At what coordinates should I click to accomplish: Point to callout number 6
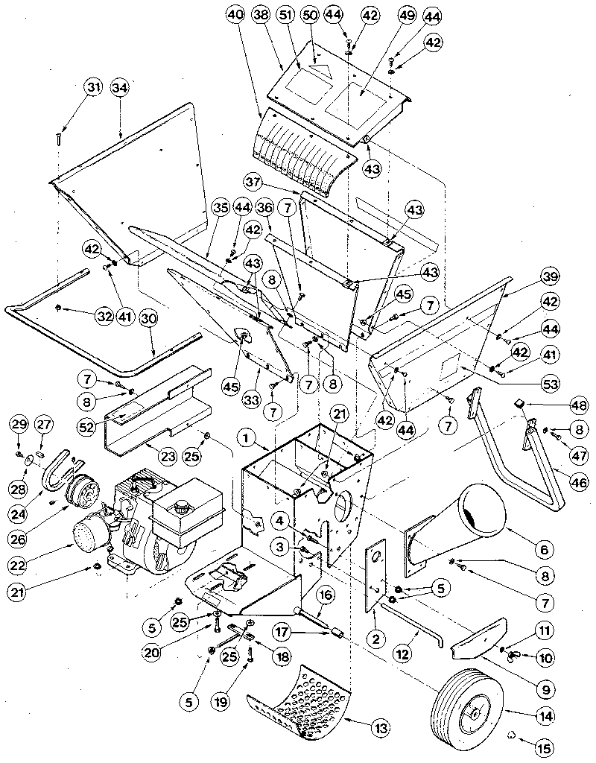pos(542,550)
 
